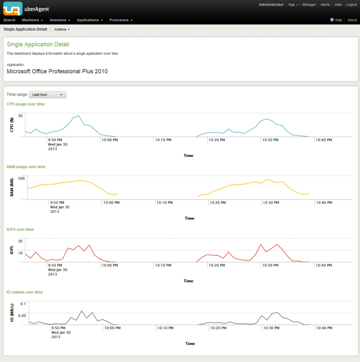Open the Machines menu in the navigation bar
point(32,20)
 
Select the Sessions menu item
point(60,20)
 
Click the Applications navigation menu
point(90,20)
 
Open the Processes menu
point(121,20)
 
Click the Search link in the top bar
point(9,20)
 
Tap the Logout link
point(351,5)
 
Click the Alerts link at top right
point(325,5)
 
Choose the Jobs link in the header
point(337,5)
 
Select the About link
point(352,20)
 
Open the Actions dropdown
point(62,30)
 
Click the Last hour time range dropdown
point(48,95)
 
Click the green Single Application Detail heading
point(38,44)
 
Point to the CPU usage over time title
point(26,104)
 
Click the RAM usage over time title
point(26,167)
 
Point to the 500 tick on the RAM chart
point(21,178)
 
